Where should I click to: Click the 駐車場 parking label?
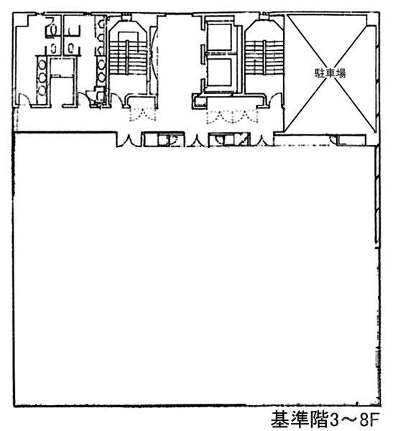[x=330, y=73]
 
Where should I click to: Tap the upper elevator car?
[x=219, y=37]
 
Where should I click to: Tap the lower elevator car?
[x=219, y=71]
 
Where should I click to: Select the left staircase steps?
[x=127, y=57]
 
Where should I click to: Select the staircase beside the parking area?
[x=264, y=57]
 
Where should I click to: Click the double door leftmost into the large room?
[x=128, y=140]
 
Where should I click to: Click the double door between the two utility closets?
[x=196, y=140]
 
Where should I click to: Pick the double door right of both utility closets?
[x=262, y=140]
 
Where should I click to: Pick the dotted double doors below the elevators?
[x=232, y=116]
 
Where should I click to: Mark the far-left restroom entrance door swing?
[x=23, y=99]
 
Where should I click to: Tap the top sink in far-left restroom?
[x=42, y=65]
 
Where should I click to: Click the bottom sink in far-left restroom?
[x=42, y=90]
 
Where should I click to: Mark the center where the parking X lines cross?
[x=329, y=73]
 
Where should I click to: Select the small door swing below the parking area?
[x=333, y=139]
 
